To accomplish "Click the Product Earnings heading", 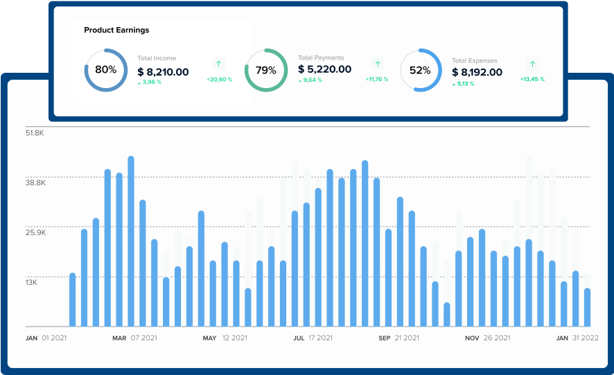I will click(116, 30).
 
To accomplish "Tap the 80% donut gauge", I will click(106, 70).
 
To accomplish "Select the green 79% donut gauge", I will click(266, 70).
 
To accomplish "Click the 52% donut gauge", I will click(421, 70).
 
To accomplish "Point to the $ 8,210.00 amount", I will click(163, 71).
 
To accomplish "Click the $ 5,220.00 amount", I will click(324, 69).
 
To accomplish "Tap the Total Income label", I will click(157, 59).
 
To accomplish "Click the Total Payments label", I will click(321, 58).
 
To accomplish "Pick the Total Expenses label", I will click(475, 61).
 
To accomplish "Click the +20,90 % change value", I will click(219, 80).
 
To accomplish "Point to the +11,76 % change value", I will click(377, 80).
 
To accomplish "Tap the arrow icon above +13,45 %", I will click(532, 63).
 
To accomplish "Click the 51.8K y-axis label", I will click(35, 132).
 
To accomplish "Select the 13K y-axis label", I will click(32, 283).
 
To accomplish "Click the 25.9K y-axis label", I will click(35, 233).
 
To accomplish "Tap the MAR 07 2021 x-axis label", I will click(135, 338).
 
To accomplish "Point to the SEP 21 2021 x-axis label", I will click(398, 338).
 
